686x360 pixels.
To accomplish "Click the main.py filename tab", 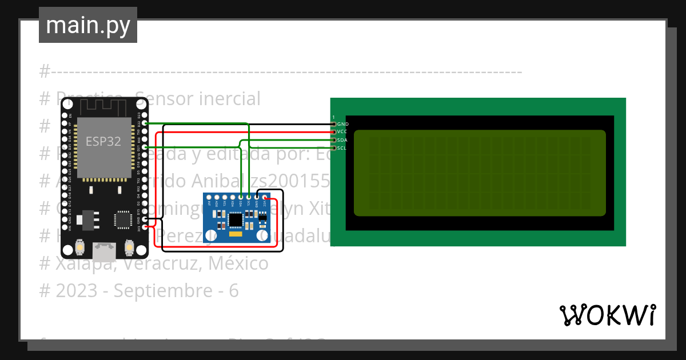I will click(x=88, y=25).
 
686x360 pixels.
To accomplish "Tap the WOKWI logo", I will click(x=607, y=315).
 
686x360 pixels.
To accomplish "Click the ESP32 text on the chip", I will click(x=103, y=142).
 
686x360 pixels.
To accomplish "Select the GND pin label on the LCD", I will click(x=343, y=124).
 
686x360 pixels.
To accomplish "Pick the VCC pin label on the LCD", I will click(x=343, y=131).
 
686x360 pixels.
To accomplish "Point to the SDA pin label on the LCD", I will click(x=343, y=140).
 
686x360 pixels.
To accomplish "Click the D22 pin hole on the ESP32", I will click(x=145, y=123).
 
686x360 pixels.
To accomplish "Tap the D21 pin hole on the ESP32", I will click(x=145, y=147).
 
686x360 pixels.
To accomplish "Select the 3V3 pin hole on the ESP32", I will click(x=145, y=227).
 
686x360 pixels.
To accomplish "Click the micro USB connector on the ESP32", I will click(x=103, y=250).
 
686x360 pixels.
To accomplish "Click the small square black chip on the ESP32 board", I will click(x=122, y=219).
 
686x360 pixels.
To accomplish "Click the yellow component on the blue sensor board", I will click(x=235, y=234).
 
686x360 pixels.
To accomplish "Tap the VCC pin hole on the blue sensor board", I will click(x=265, y=197).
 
